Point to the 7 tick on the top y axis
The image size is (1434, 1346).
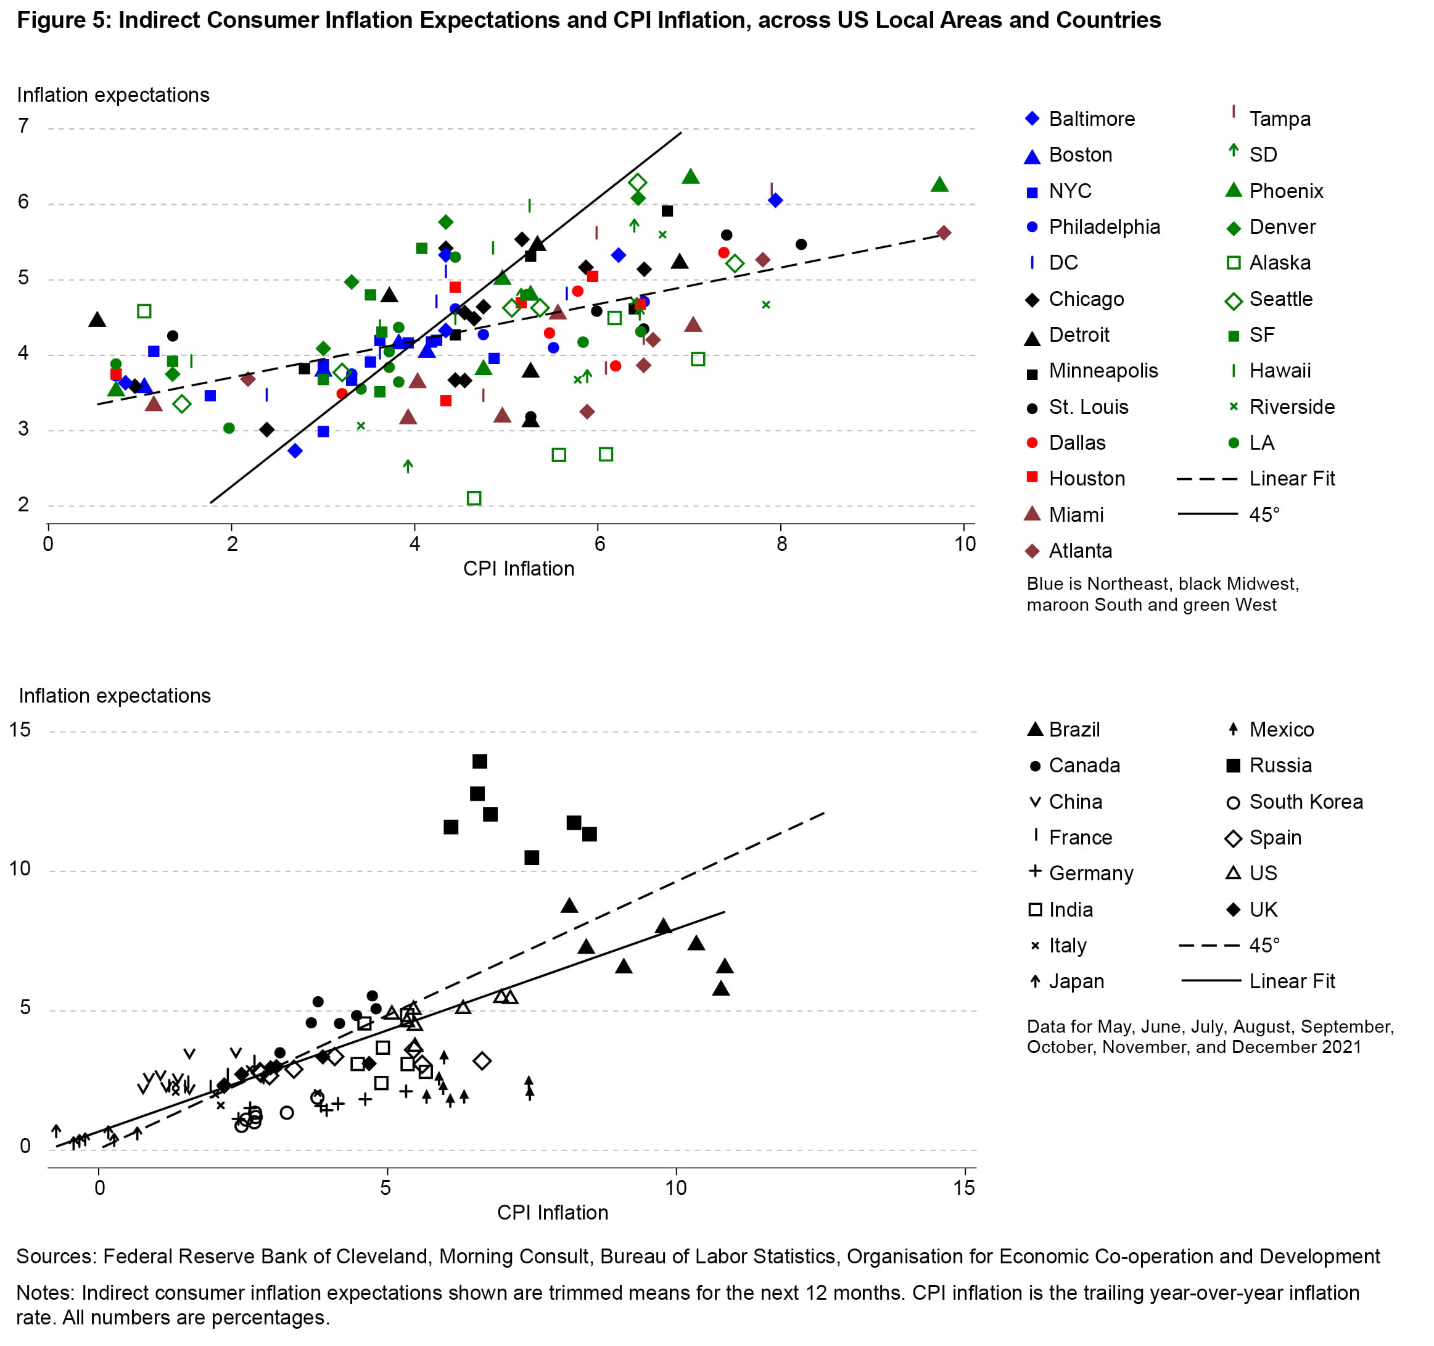[x=24, y=126]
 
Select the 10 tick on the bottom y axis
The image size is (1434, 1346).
[x=20, y=869]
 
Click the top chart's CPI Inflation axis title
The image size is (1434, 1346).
[x=519, y=569]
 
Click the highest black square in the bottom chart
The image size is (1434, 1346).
[x=480, y=762]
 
